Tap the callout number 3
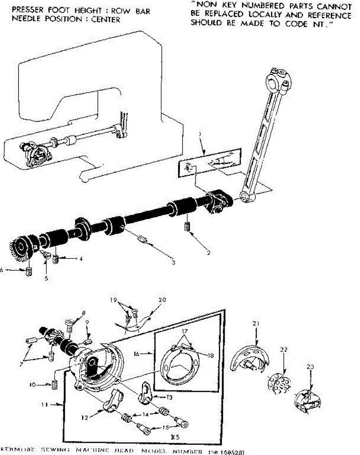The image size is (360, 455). [173, 262]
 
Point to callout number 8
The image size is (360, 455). [83, 313]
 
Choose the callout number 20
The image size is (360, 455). [163, 300]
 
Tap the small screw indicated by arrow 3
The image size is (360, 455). [142, 239]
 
